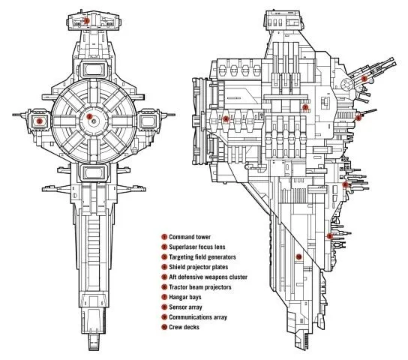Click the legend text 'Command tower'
(190, 236)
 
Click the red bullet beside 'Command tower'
(163, 236)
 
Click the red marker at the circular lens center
(90, 118)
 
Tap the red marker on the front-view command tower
(88, 20)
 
